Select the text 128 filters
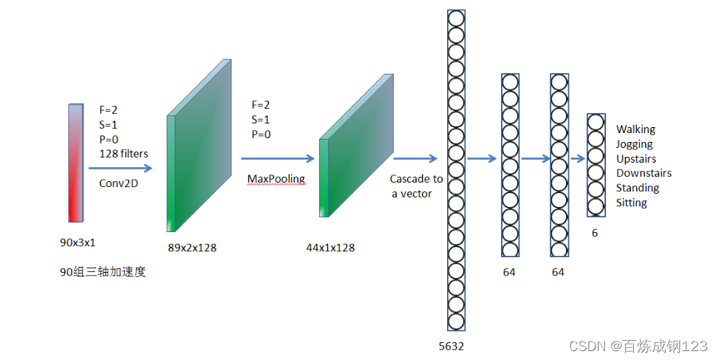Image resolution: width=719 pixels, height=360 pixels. [x=124, y=154]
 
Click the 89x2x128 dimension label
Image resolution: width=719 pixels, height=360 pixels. [x=191, y=248]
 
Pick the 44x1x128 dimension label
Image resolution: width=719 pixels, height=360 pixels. [x=330, y=248]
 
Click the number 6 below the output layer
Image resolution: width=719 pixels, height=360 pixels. [x=595, y=232]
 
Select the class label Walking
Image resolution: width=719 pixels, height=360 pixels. [x=635, y=129]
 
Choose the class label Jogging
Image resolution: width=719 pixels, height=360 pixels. [x=635, y=144]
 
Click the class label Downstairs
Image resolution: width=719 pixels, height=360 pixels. [x=644, y=173]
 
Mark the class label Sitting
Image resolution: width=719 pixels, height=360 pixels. [x=631, y=203]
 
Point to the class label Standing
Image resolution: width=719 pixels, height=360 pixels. [x=637, y=188]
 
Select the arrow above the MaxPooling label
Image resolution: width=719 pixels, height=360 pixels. [x=278, y=157]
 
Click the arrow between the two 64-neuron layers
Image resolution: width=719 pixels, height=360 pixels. [x=534, y=157]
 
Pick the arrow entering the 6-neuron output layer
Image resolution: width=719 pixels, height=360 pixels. [x=577, y=157]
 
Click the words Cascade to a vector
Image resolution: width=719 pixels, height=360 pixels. [x=416, y=186]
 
